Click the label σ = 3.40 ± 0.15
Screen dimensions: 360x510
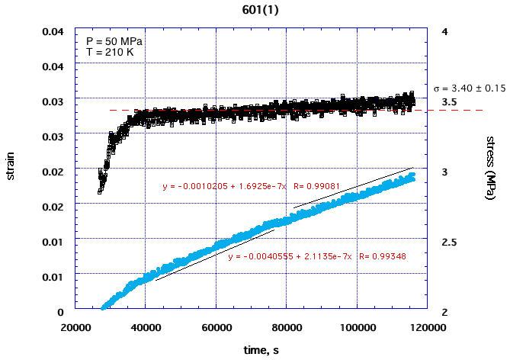click(x=469, y=88)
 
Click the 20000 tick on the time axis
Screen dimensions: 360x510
click(x=75, y=328)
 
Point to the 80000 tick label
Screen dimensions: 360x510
click(x=287, y=328)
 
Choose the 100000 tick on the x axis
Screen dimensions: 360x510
click(x=357, y=328)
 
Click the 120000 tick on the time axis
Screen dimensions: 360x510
click(x=426, y=328)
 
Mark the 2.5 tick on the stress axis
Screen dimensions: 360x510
click(x=449, y=243)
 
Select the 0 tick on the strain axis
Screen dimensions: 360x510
click(x=59, y=312)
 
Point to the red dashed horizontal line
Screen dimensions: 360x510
click(x=457, y=110)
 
